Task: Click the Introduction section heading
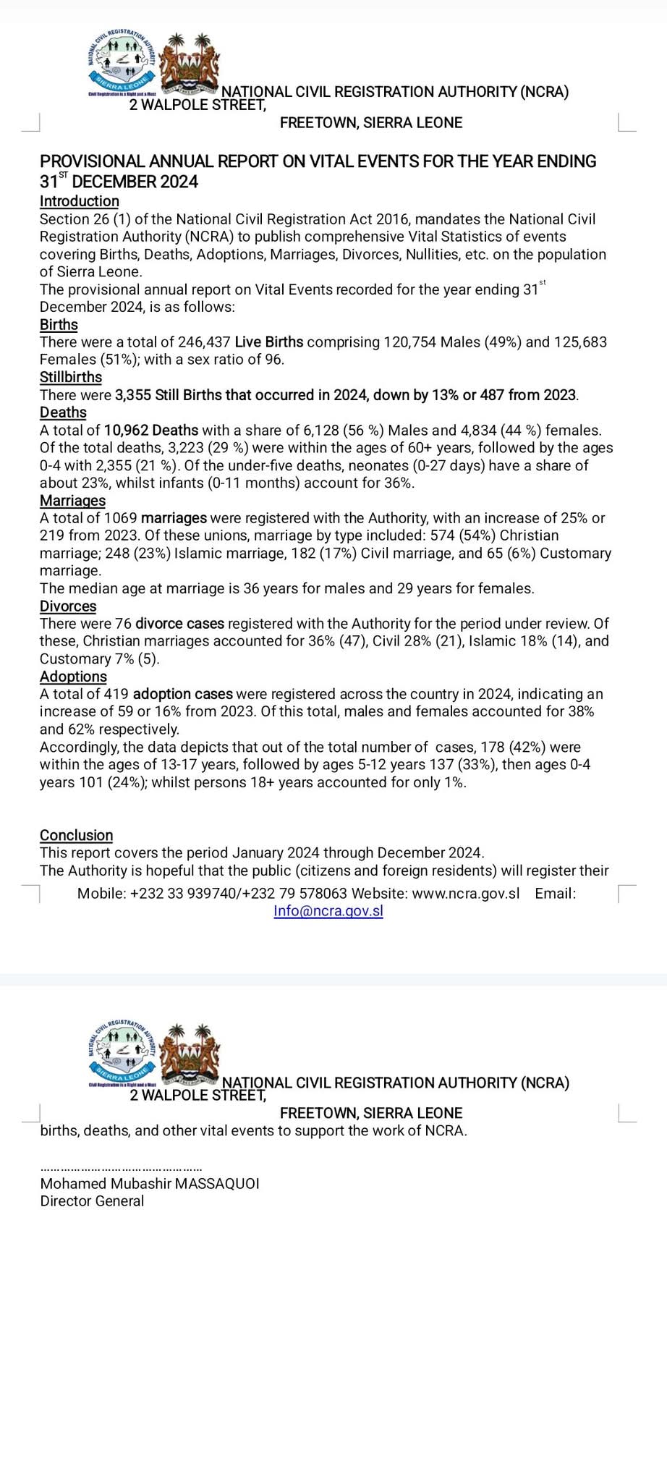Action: pyautogui.click(x=79, y=201)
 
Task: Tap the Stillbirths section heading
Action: pyautogui.click(x=71, y=377)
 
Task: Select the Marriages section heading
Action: pyautogui.click(x=72, y=501)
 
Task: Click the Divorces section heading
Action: pyautogui.click(x=68, y=606)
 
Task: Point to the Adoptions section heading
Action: pyautogui.click(x=73, y=677)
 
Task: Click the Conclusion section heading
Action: pyautogui.click(x=76, y=835)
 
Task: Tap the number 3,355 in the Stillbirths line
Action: pyautogui.click(x=133, y=395)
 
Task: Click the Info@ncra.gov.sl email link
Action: pyautogui.click(x=328, y=911)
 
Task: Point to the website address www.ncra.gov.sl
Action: pyautogui.click(x=466, y=894)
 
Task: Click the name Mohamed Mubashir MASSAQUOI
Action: pyautogui.click(x=150, y=1184)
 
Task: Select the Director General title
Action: pyautogui.click(x=92, y=1201)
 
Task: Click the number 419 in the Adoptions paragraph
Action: pyautogui.click(x=116, y=694)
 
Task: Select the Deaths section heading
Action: pyautogui.click(x=63, y=412)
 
